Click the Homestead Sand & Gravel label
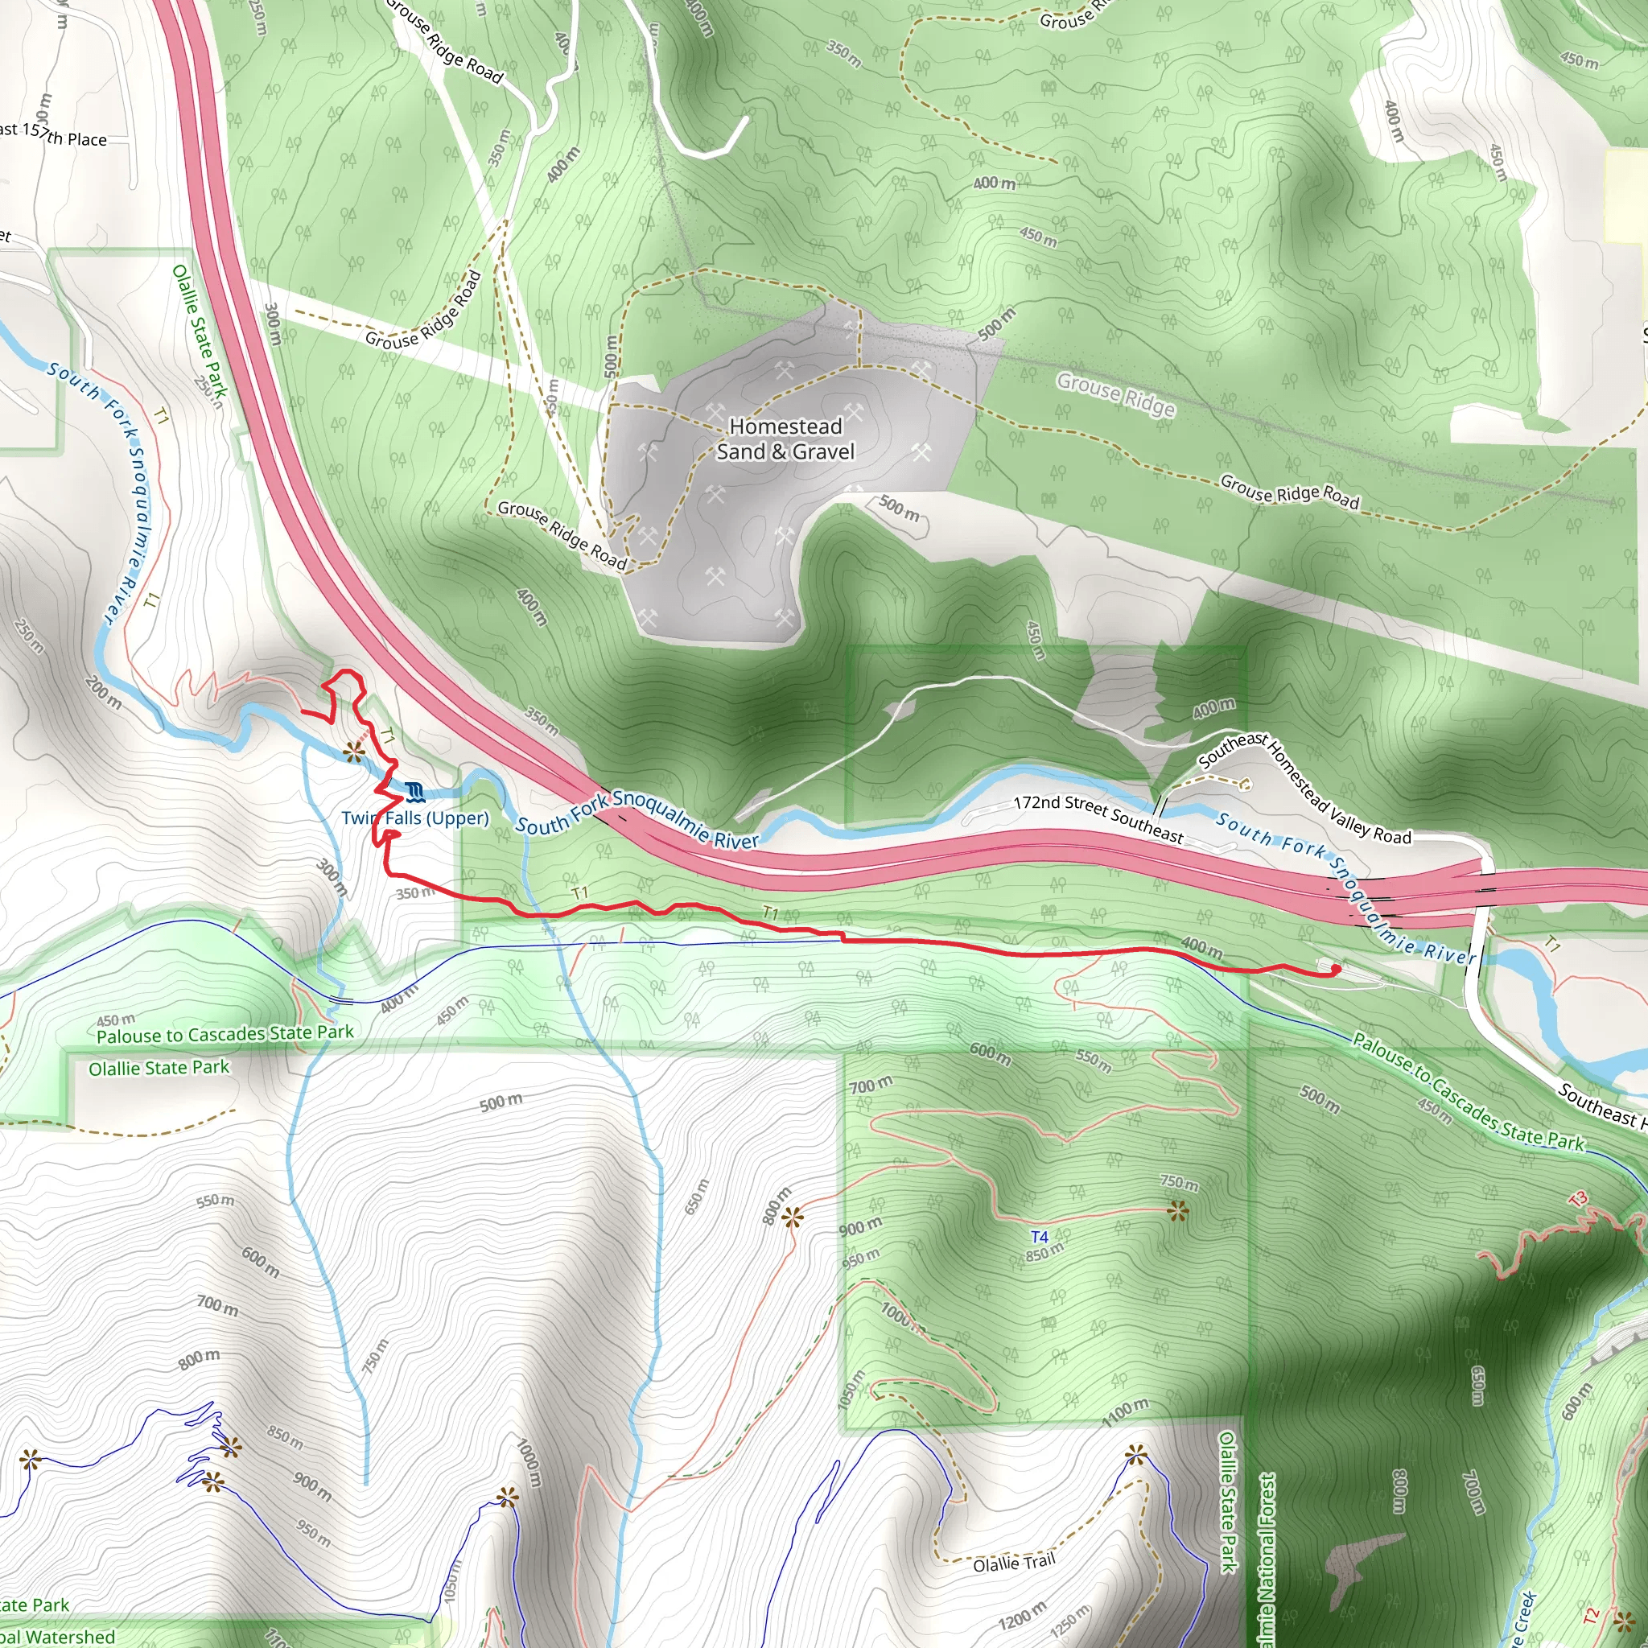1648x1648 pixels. click(785, 439)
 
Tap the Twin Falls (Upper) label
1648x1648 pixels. click(415, 818)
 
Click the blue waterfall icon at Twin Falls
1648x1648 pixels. click(415, 793)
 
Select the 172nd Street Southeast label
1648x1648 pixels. click(1098, 819)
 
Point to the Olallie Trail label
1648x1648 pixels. click(1014, 1563)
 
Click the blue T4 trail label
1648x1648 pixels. click(1039, 1237)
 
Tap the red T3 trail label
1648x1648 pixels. click(1578, 1199)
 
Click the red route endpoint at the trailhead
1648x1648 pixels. click(1336, 969)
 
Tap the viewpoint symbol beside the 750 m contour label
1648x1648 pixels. click(1178, 1210)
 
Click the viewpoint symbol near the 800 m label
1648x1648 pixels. click(793, 1218)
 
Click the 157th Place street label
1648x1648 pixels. click(65, 134)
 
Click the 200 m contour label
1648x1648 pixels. click(103, 692)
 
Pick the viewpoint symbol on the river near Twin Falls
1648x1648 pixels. click(354, 752)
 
